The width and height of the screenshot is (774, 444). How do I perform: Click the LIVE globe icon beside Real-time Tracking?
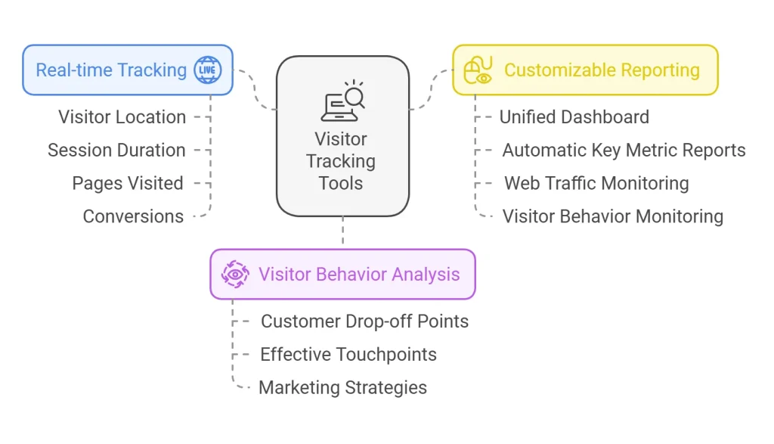[207, 70]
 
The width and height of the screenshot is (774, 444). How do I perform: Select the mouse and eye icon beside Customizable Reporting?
[478, 70]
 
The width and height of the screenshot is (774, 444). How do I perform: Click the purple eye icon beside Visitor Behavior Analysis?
[235, 274]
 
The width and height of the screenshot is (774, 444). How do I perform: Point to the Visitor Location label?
[122, 117]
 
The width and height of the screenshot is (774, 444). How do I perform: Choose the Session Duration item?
[116, 151]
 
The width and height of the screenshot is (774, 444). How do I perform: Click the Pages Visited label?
[128, 184]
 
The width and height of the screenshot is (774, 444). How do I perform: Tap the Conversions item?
[133, 217]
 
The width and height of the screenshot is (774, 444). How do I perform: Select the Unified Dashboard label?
[574, 117]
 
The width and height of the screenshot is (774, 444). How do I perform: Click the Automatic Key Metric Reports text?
[624, 151]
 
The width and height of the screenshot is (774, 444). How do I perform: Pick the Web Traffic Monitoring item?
[596, 184]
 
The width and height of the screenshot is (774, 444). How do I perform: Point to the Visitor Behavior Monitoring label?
[612, 217]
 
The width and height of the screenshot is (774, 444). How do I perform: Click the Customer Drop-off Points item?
[364, 321]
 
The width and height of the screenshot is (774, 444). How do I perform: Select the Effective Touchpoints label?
[348, 355]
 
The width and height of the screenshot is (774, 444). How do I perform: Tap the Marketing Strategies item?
[342, 388]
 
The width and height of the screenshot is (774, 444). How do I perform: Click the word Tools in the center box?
[341, 183]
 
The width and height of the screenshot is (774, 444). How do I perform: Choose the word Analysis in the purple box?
[423, 275]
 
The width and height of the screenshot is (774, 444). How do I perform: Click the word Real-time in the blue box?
[73, 70]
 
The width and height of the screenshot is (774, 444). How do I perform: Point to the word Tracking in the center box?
[341, 161]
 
